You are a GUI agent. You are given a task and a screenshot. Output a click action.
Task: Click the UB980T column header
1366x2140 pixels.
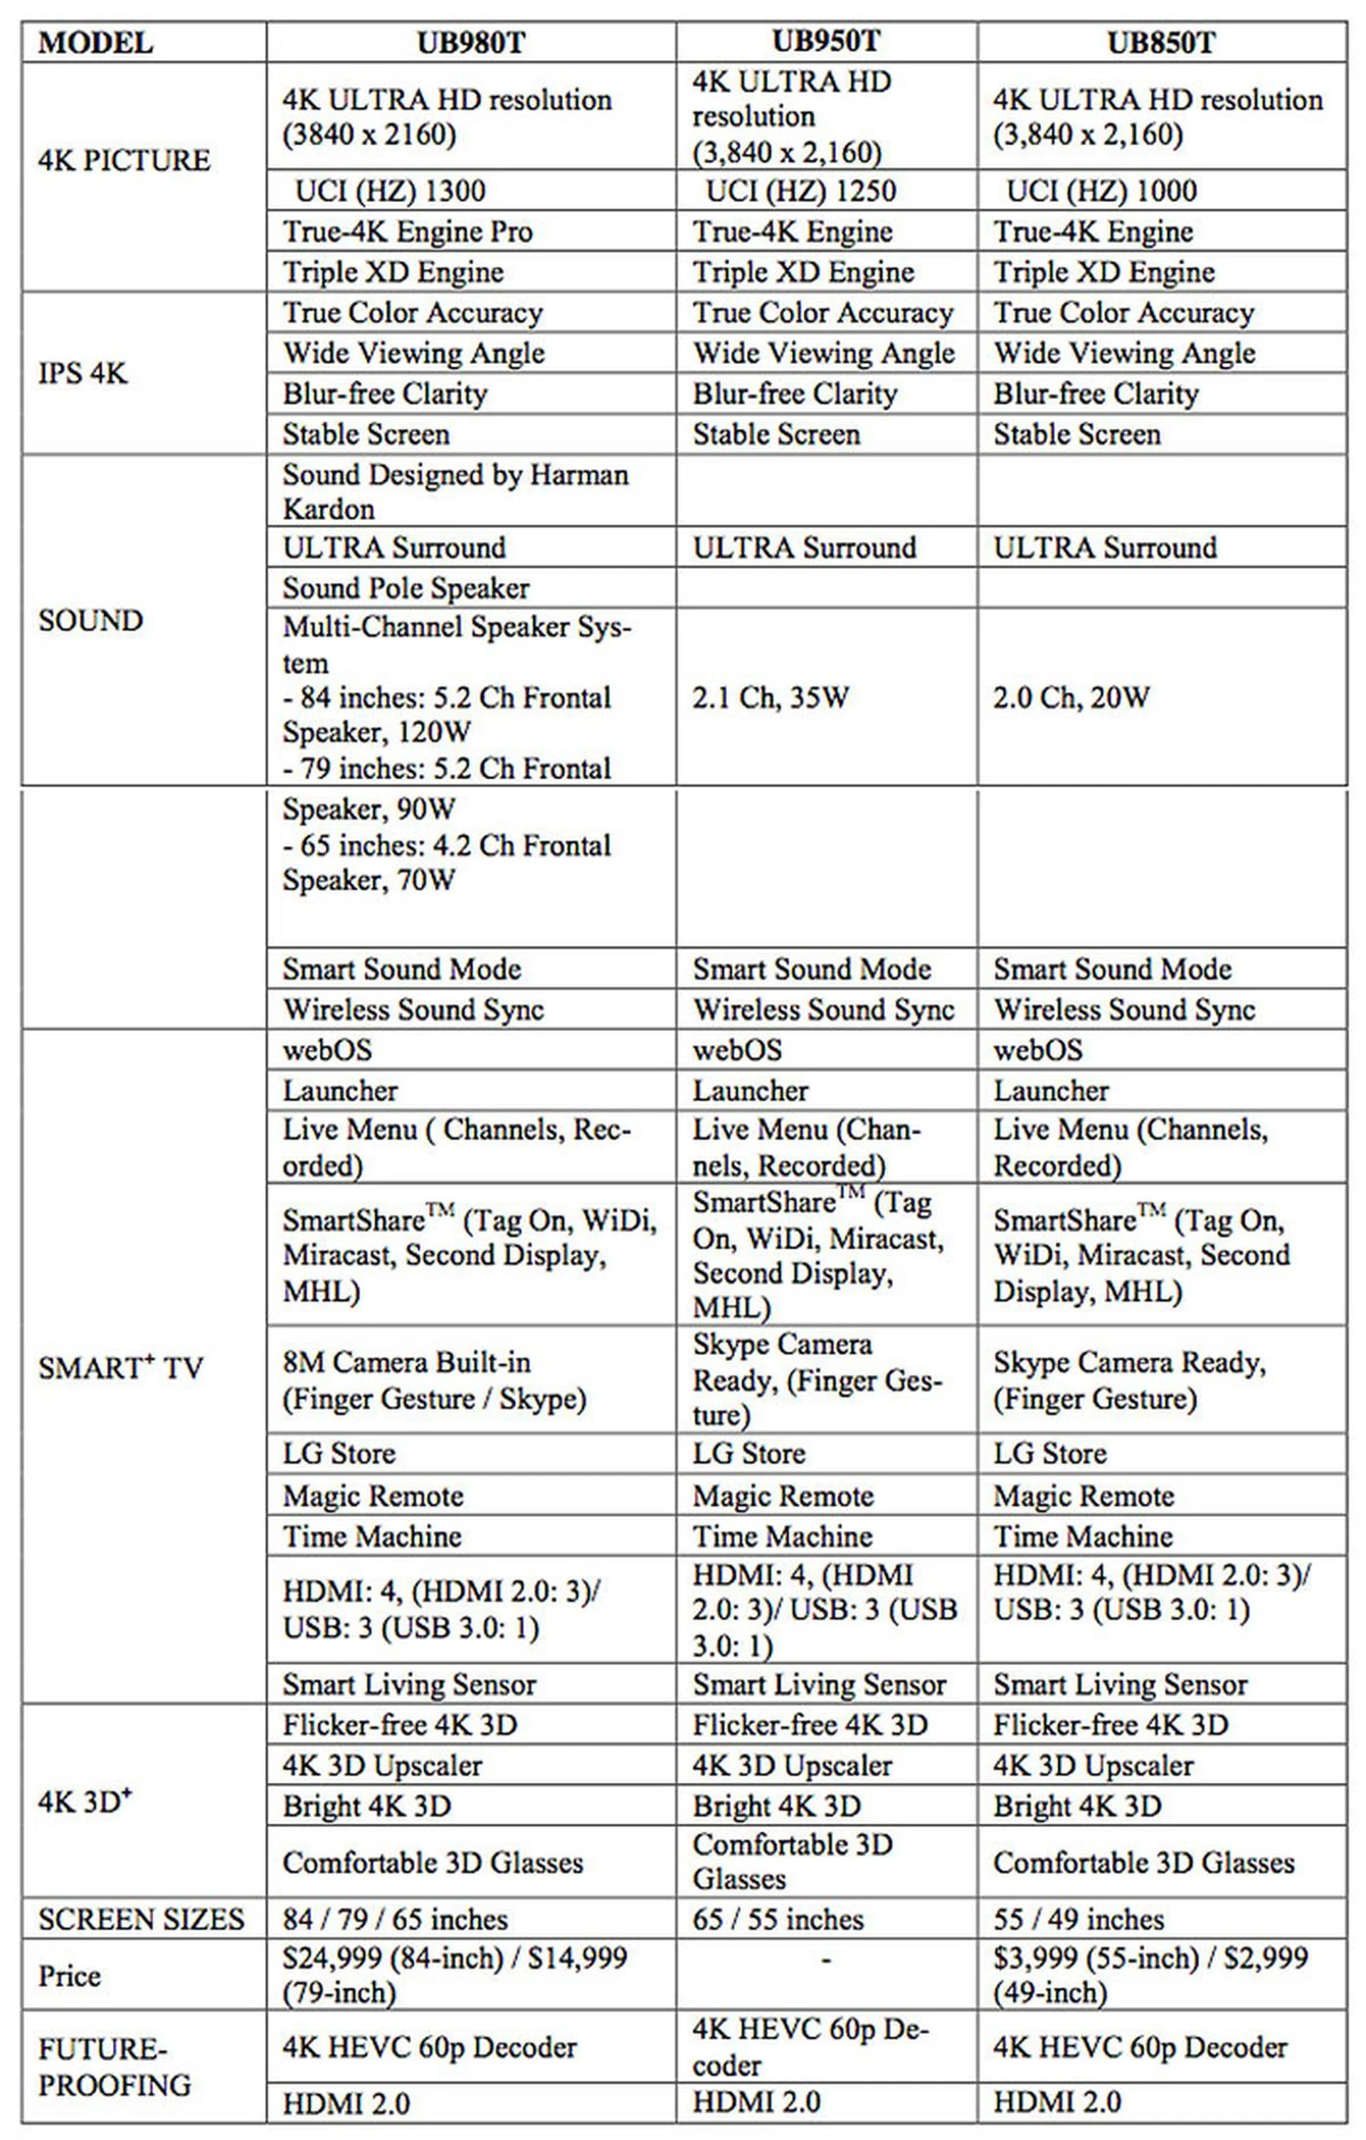pos(471,43)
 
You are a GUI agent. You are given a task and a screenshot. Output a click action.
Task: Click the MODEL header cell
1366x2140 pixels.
pos(95,43)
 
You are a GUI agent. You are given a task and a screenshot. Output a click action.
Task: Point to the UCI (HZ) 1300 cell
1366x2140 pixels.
pos(390,191)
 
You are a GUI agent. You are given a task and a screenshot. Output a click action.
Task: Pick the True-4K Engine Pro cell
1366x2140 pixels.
pos(408,232)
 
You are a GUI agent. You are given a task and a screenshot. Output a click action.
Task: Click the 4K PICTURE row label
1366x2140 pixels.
pos(125,160)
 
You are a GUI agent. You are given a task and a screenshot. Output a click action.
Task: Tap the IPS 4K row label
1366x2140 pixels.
pos(83,374)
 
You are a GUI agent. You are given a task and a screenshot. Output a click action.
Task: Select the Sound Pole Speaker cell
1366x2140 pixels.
pos(406,588)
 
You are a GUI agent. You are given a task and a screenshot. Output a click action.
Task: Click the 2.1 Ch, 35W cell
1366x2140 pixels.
pos(771,698)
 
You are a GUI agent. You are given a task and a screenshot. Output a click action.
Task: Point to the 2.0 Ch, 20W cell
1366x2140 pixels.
pos(1071,698)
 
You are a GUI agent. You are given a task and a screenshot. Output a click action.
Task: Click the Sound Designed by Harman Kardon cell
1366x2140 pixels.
pos(455,492)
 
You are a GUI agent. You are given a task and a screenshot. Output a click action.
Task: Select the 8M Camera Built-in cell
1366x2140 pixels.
pos(435,1380)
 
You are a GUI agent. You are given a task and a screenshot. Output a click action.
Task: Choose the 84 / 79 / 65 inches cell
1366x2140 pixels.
pos(396,1919)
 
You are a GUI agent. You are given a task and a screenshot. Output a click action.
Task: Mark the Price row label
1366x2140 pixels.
pos(69,1976)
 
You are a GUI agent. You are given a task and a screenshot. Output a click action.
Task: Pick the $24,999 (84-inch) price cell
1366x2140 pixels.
pos(455,1976)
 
